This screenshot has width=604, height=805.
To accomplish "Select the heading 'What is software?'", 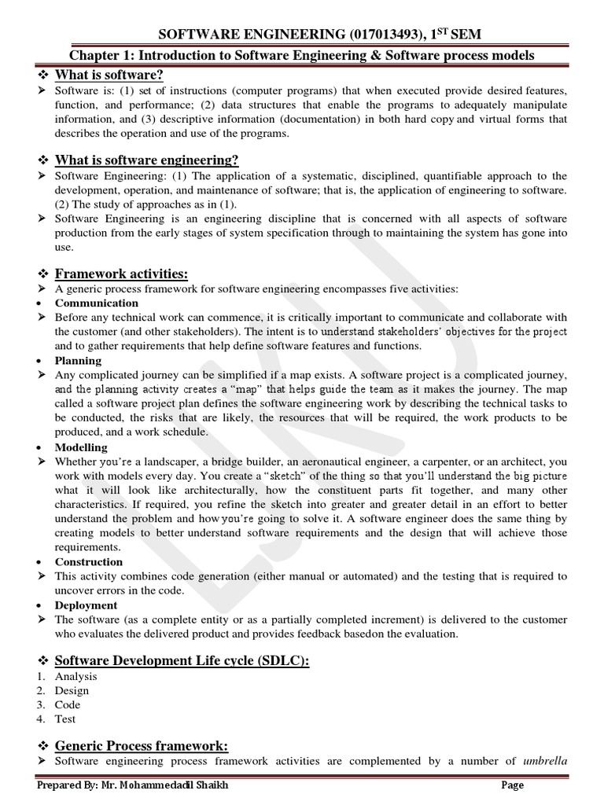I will click(109, 75).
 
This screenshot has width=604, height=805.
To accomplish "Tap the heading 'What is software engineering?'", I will click(146, 160).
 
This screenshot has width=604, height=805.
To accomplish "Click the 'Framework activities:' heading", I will click(121, 274).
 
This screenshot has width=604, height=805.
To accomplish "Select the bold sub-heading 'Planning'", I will click(78, 361).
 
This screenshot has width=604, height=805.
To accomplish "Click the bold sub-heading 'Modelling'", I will click(81, 447).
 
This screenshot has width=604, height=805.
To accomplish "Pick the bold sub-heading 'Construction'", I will click(89, 562).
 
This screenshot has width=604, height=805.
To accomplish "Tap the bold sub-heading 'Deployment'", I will click(86, 605).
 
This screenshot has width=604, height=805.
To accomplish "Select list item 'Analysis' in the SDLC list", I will click(76, 676).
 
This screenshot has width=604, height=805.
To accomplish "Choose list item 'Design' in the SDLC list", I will click(72, 691).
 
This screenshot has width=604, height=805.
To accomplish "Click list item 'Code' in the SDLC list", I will click(68, 705).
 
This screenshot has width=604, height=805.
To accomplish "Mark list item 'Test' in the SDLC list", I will click(65, 719).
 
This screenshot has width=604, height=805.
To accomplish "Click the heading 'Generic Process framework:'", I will click(142, 745).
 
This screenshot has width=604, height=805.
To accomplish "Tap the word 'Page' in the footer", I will click(513, 785).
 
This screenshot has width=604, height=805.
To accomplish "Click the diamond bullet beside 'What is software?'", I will click(43, 75).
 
